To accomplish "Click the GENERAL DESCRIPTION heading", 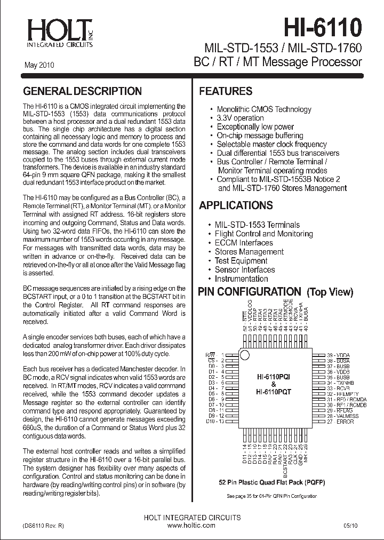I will click(x=82, y=91).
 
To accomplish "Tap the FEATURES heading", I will click(x=226, y=91).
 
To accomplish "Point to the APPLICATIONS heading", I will click(x=236, y=205).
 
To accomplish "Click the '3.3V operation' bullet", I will click(x=240, y=118).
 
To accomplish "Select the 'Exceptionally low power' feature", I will click(x=255, y=126).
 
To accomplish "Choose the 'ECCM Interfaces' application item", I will click(x=243, y=243).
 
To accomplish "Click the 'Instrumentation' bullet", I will click(x=241, y=279).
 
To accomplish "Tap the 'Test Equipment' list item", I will click(x=241, y=261).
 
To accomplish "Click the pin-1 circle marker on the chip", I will click(x=244, y=355).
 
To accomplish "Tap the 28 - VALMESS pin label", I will click(x=342, y=416).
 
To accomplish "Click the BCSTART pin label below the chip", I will click(x=285, y=459).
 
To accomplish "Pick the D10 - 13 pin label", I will click(x=215, y=422).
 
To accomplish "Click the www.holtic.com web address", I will click(x=191, y=526).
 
